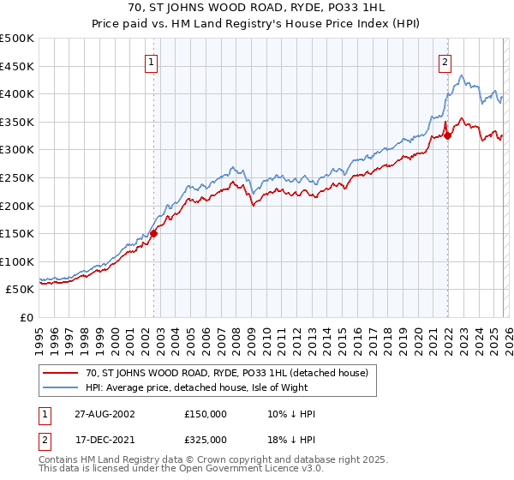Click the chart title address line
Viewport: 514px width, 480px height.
click(257, 9)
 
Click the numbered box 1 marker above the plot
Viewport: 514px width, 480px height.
click(151, 62)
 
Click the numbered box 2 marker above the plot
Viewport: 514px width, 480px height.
click(445, 62)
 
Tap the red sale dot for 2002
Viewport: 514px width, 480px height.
click(154, 233)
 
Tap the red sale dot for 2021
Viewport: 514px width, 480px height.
click(448, 135)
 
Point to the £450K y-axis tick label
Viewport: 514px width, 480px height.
click(17, 66)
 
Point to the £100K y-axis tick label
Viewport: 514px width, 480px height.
click(17, 261)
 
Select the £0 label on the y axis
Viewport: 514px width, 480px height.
click(27, 317)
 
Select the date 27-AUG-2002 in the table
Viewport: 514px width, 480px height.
click(99, 414)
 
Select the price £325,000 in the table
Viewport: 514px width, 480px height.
click(206, 438)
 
